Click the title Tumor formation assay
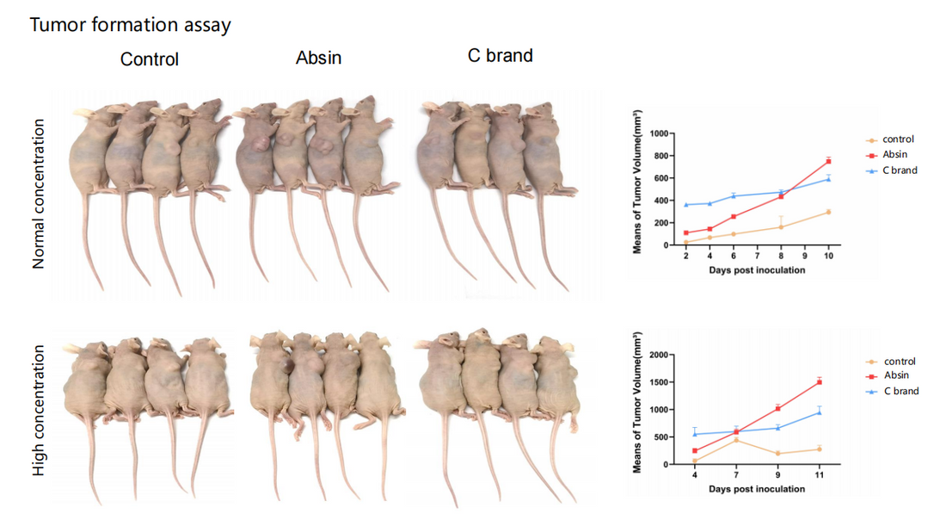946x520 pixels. pyautogui.click(x=131, y=25)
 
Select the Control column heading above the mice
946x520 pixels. pyautogui.click(x=150, y=59)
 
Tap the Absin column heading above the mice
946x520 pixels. pyautogui.click(x=318, y=58)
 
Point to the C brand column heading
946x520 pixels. pyautogui.click(x=500, y=56)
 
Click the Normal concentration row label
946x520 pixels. pyautogui.click(x=39, y=194)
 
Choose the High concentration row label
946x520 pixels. pyautogui.click(x=39, y=412)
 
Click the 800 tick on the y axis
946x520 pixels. pyautogui.click(x=660, y=156)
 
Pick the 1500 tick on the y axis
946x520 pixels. pyautogui.click(x=658, y=382)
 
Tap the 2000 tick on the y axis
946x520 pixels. pyautogui.click(x=658, y=355)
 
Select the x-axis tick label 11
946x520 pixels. pyautogui.click(x=819, y=475)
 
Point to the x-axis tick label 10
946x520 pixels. pyautogui.click(x=828, y=256)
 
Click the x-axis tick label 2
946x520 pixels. pyautogui.click(x=686, y=256)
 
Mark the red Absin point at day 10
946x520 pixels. pyautogui.click(x=828, y=161)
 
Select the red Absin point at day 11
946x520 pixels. pyautogui.click(x=819, y=381)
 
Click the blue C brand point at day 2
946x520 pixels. pyautogui.click(x=686, y=205)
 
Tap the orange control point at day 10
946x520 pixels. pyautogui.click(x=828, y=212)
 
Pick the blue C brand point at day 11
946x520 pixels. pyautogui.click(x=819, y=412)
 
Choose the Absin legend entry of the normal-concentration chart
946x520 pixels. pyautogui.click(x=894, y=155)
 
